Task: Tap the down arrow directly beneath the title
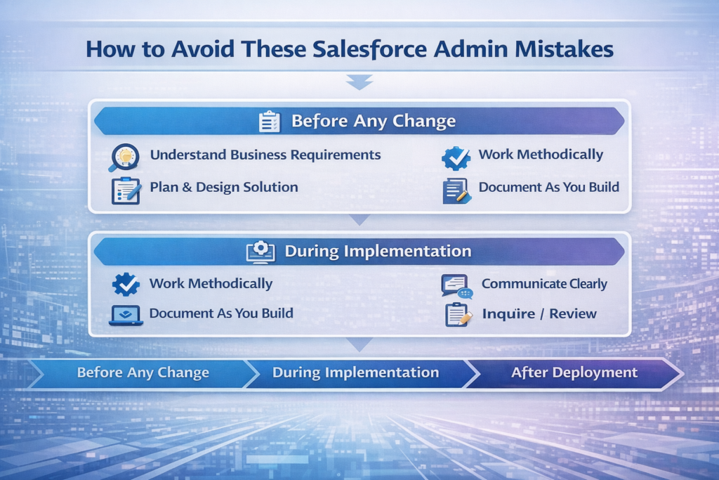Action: [x=359, y=84]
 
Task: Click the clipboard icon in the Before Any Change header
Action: [x=270, y=121]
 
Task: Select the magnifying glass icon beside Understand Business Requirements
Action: [x=124, y=157]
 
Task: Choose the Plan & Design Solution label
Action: [x=224, y=187]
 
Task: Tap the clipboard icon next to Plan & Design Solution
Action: [x=126, y=190]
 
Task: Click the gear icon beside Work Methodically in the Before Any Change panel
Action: [x=455, y=157]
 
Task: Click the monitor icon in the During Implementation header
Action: [x=260, y=252]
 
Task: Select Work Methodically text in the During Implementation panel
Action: [x=211, y=284]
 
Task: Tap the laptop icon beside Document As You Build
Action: [x=126, y=316]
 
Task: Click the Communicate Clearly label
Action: [x=544, y=284]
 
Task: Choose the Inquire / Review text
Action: [x=539, y=314]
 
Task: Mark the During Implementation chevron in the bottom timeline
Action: [x=355, y=372]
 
